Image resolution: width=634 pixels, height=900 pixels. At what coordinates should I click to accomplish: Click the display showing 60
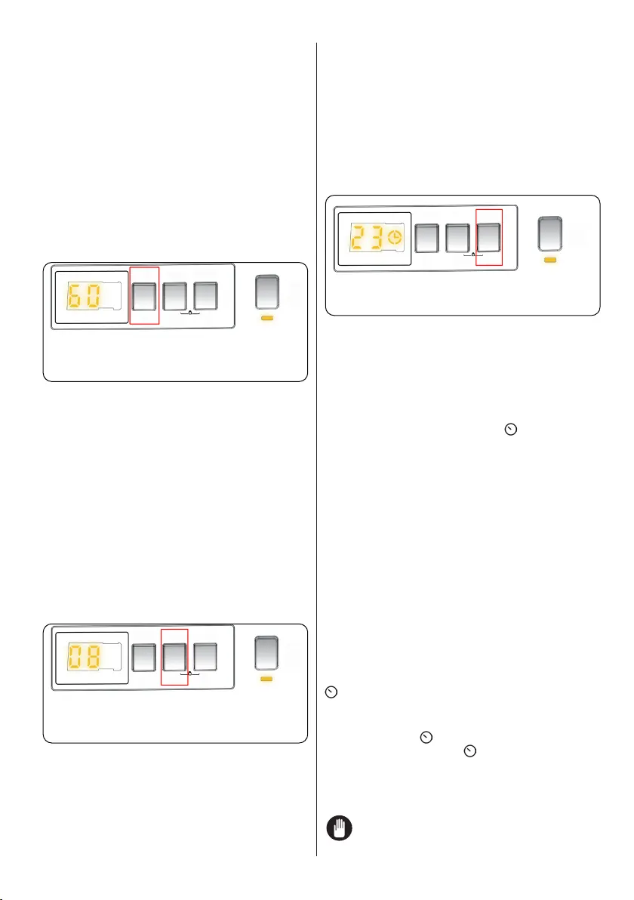[91, 295]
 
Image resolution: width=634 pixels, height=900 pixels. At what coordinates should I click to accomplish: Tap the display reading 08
[91, 658]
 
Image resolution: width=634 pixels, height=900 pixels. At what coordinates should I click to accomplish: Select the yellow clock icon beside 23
[394, 239]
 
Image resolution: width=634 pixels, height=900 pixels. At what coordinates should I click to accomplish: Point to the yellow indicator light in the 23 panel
[550, 259]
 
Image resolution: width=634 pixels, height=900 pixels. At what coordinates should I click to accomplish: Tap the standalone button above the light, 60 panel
[266, 292]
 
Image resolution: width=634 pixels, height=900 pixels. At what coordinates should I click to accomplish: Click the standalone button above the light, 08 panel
[266, 655]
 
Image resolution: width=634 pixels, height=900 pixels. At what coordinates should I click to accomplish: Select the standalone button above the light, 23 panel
[550, 234]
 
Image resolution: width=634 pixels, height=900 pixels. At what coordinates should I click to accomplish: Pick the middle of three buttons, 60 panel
[174, 294]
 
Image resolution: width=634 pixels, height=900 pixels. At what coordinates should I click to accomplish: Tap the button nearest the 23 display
[428, 236]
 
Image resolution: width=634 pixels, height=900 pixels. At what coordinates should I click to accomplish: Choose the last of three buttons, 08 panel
[205, 656]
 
